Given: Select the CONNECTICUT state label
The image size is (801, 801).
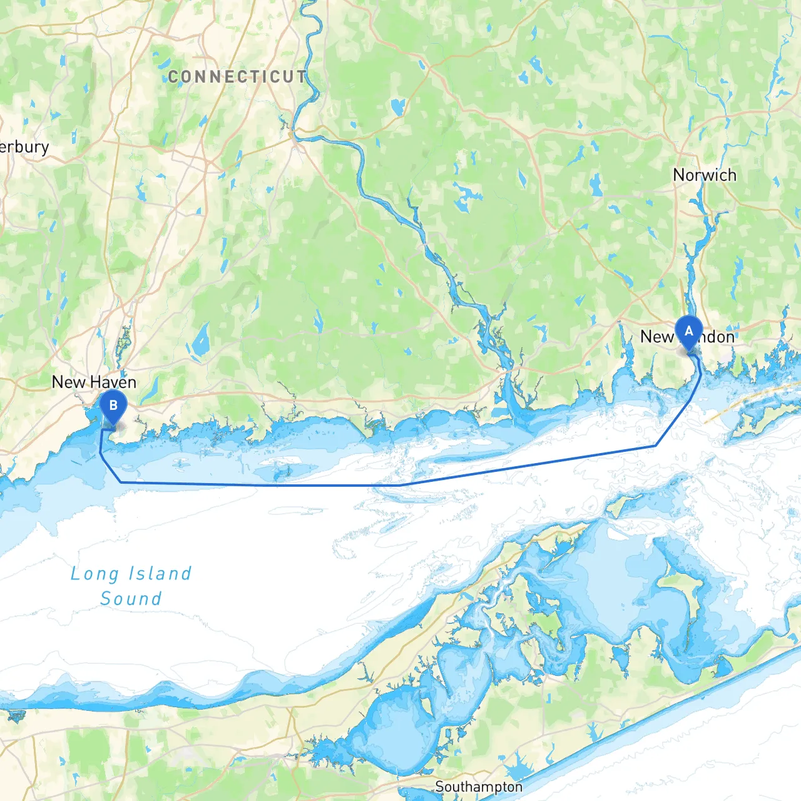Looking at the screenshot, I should [x=237, y=77].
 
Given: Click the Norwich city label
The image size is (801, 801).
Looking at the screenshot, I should [x=704, y=175].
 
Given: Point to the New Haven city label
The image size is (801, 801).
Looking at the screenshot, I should [x=94, y=382].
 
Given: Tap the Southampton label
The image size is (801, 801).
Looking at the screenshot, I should [x=478, y=787].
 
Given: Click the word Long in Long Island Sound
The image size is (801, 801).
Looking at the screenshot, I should [x=94, y=574].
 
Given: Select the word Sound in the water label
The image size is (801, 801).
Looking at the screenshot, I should [x=131, y=599].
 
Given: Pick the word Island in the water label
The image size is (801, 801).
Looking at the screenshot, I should [x=160, y=574].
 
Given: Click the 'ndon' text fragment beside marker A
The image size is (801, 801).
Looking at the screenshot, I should [x=717, y=337].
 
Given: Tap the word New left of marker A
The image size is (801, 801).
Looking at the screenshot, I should [x=656, y=337].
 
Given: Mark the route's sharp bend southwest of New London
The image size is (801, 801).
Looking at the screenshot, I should [x=656, y=446].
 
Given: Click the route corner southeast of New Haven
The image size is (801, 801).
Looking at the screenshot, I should [x=121, y=482].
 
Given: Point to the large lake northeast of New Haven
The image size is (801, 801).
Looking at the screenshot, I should [x=201, y=341].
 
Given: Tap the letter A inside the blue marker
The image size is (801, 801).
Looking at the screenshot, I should [x=688, y=330].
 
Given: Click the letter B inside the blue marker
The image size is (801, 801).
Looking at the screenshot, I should [x=113, y=405].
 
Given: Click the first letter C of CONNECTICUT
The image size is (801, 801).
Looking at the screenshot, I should [x=173, y=77].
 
